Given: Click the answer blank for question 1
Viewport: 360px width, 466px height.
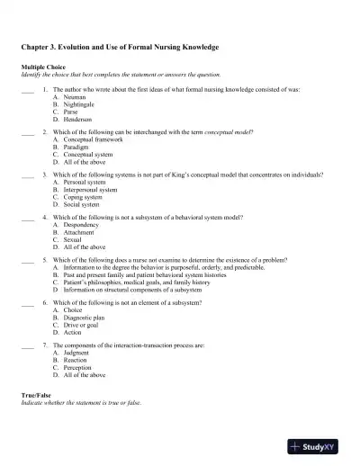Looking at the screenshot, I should tap(27, 91).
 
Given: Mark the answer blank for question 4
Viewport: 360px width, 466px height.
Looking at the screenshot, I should tap(27, 218).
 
